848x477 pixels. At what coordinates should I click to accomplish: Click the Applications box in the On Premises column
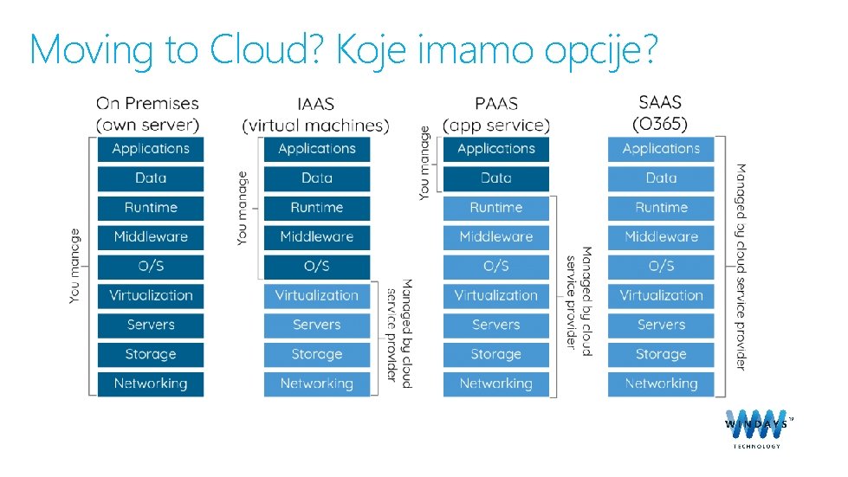151,149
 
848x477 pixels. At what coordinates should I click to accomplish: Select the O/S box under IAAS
316,266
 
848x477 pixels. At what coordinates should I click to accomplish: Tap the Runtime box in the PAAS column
495,208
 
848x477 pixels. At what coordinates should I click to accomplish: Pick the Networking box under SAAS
661,384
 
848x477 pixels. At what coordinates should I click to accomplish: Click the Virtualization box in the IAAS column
316,295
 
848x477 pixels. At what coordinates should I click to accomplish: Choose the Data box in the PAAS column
495,178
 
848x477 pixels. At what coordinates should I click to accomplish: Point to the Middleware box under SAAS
661,236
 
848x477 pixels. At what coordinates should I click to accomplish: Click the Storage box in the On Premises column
151,354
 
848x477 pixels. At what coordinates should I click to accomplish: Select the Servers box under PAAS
495,325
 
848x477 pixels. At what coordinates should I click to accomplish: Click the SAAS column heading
660,103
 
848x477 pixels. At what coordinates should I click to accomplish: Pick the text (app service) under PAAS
495,126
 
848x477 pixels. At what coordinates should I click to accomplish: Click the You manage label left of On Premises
76,266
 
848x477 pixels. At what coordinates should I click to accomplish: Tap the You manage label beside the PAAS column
424,164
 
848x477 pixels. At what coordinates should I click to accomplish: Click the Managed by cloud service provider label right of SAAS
741,266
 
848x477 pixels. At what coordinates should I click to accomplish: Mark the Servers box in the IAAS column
316,325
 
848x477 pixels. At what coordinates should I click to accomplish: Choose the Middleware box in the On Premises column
151,236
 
